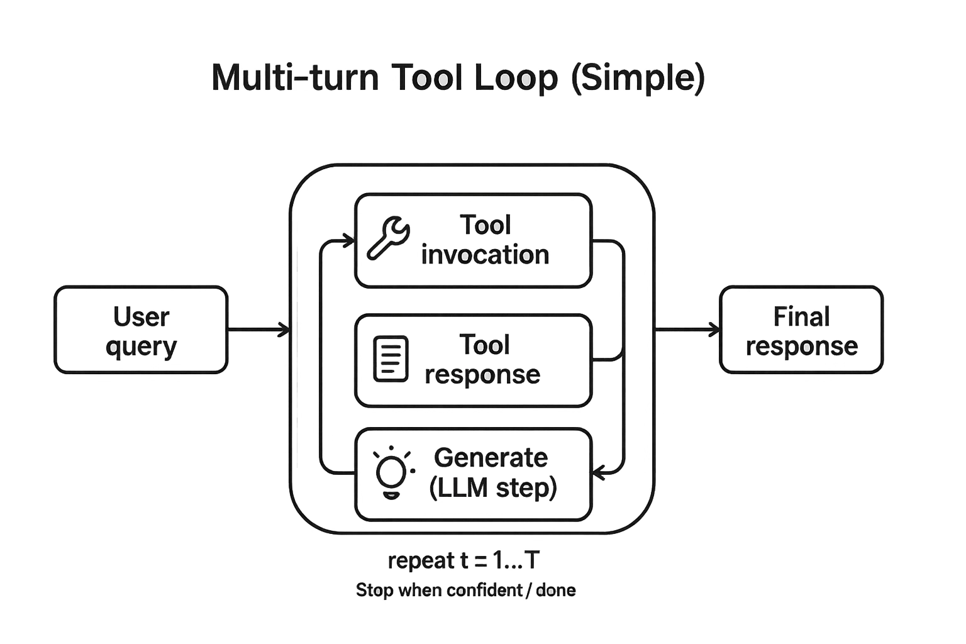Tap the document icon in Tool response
[x=391, y=359]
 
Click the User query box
[x=141, y=330]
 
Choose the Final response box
[x=801, y=330]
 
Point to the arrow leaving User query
[x=258, y=329]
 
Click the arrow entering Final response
[x=687, y=329]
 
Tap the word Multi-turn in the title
[x=295, y=78]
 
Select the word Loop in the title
[x=516, y=78]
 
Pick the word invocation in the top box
[x=485, y=255]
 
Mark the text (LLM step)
[x=493, y=487]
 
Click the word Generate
[x=491, y=458]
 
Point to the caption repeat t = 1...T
[x=464, y=560]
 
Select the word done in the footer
[x=556, y=590]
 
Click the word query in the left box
[x=142, y=347]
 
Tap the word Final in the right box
[x=801, y=316]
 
